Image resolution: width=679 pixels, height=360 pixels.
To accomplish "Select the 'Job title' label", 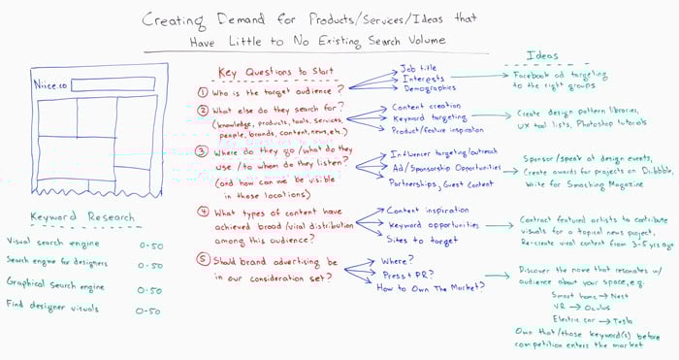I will tap(419, 70).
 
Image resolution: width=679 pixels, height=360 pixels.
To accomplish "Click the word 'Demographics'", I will tap(430, 88).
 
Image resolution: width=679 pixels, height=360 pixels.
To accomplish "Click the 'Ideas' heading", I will tap(542, 55).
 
